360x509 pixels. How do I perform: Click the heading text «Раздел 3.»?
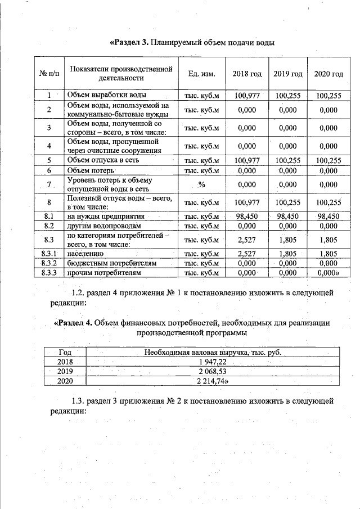tap(129, 43)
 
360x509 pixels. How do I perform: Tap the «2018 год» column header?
tap(247, 74)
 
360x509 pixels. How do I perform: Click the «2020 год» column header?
tap(328, 74)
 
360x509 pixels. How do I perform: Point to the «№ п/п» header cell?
tap(49, 74)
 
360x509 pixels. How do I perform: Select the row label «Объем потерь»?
tap(91, 170)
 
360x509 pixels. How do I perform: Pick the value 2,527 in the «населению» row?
tap(247, 254)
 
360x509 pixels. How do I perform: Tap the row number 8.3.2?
tap(49, 263)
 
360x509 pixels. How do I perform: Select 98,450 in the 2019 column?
tap(287, 216)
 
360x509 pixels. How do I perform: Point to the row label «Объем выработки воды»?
tap(107, 96)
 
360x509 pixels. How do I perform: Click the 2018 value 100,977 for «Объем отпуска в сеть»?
tap(247, 160)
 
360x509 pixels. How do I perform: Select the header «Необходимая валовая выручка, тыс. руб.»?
tap(212, 353)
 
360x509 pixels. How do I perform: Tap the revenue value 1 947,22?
tap(212, 362)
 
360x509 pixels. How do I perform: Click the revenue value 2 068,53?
tap(212, 372)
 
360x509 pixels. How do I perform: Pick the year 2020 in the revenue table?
tap(65, 381)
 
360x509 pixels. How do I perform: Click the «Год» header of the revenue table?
tap(65, 353)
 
